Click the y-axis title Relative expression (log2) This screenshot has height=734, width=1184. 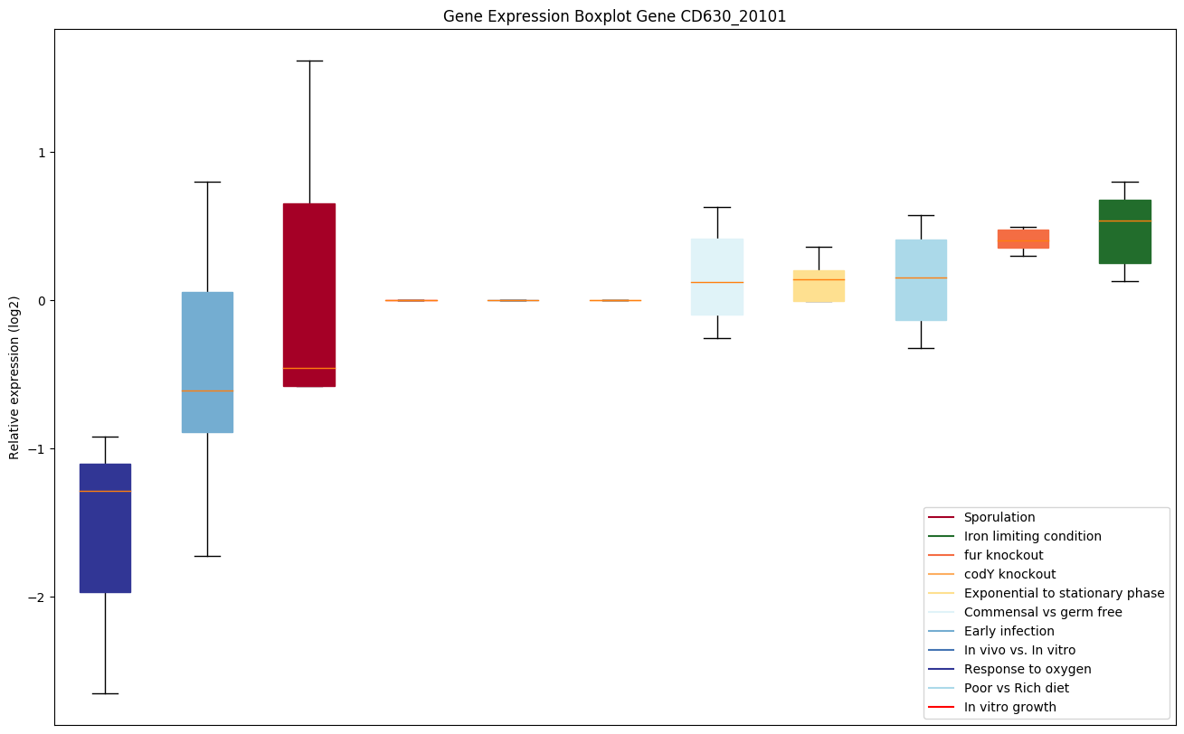click(14, 377)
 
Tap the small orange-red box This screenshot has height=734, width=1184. click(1023, 239)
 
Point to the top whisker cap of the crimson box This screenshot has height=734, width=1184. click(309, 61)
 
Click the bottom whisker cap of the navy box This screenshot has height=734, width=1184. click(105, 693)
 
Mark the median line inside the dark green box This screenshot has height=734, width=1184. click(1125, 221)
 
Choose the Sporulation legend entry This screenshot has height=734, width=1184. click(999, 517)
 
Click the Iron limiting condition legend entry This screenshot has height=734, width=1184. click(1032, 536)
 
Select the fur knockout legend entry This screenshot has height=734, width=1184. click(1003, 555)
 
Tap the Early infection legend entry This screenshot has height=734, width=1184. click(1009, 631)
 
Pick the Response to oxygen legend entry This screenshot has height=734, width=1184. click(1027, 669)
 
